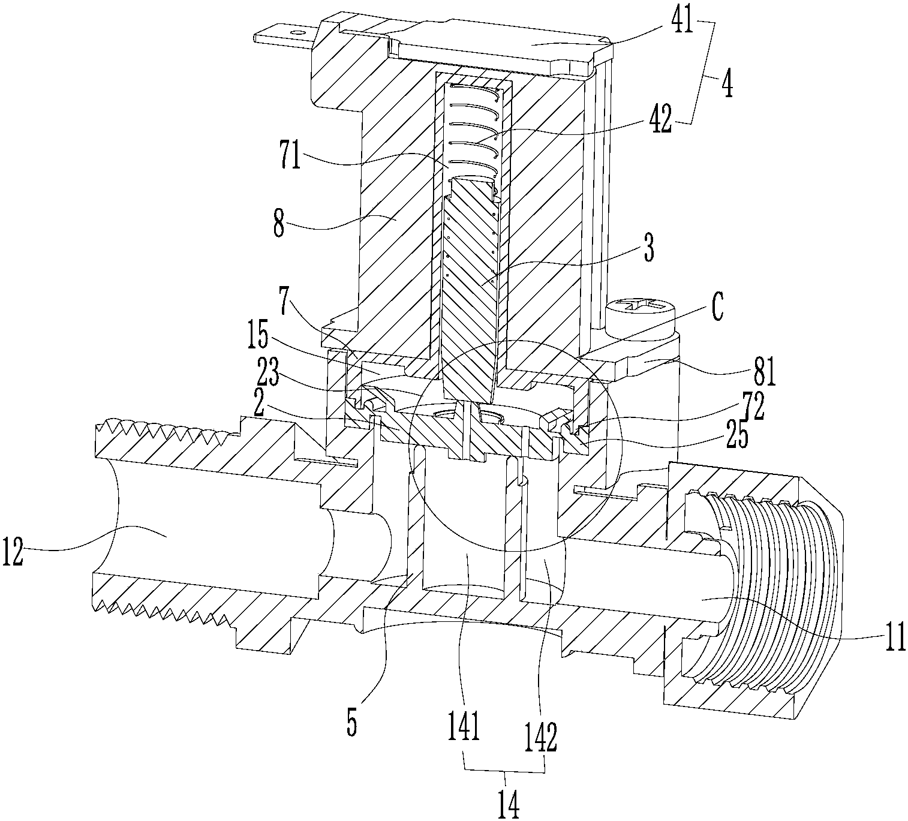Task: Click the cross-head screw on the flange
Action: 641,309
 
